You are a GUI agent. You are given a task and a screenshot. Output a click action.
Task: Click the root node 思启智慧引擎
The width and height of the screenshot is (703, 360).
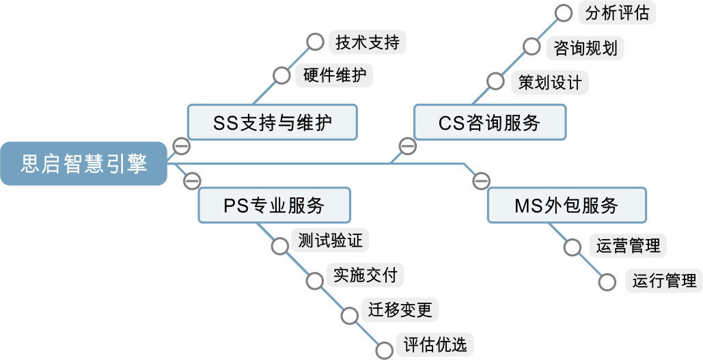[83, 164]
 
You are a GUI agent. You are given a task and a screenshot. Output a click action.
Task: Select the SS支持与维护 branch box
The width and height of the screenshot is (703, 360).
[273, 123]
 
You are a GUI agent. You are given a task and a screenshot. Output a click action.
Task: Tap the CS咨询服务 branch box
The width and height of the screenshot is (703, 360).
[490, 123]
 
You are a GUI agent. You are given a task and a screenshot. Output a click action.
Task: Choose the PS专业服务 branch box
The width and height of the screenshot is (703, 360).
[274, 205]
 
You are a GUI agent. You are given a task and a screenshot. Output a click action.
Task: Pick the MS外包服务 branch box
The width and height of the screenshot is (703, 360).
[566, 205]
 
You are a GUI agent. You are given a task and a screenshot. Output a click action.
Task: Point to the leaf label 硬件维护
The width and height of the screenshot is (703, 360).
[334, 75]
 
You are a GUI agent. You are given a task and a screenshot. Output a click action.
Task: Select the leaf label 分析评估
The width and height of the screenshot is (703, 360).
[617, 13]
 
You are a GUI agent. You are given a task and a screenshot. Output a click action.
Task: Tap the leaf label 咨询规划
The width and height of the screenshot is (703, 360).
[585, 48]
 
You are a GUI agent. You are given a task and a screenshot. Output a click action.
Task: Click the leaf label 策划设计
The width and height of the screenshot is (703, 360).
[549, 83]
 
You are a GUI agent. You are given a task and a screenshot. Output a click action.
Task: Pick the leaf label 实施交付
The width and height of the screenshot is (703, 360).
[365, 275]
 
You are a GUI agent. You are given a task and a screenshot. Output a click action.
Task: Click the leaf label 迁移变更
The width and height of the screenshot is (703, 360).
[400, 310]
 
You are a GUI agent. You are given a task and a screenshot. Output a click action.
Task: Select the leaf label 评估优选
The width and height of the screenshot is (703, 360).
[435, 345]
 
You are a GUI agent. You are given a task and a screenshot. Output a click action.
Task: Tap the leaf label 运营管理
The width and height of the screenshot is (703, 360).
[628, 245]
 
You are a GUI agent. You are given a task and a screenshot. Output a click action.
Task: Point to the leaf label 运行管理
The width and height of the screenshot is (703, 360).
[664, 281]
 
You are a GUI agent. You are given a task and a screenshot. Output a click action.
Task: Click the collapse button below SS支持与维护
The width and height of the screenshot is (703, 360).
[181, 146]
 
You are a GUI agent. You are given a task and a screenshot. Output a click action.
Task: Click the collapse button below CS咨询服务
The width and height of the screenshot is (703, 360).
[407, 146]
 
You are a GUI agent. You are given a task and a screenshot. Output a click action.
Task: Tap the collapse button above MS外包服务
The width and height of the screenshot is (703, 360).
[482, 181]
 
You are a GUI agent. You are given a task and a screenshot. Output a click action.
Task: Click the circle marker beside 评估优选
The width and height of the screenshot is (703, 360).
[385, 350]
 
